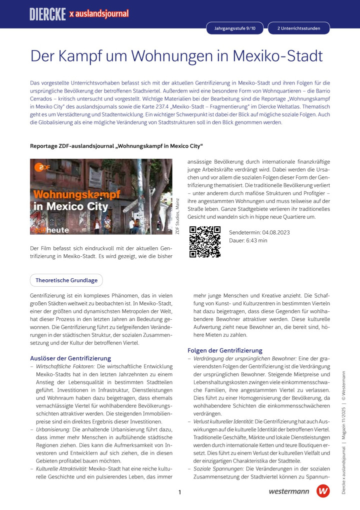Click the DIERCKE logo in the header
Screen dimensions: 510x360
tap(48, 14)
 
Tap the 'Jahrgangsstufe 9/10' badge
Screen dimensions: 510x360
tap(234, 29)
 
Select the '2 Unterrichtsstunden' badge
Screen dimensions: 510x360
tap(298, 29)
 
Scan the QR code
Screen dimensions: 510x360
tap(205, 242)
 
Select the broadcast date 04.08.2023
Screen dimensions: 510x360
tap(272, 233)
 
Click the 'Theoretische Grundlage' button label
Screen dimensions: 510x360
tap(66, 280)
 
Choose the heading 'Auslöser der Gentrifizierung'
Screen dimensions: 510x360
tap(70, 358)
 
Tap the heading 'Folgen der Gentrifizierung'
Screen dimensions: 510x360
tap(225, 350)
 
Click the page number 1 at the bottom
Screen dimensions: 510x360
tap(179, 492)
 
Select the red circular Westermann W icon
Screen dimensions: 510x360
tap(323, 491)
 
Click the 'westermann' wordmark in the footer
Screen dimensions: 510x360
tap(289, 491)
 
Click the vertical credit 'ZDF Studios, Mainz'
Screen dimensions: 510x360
tap(177, 215)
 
